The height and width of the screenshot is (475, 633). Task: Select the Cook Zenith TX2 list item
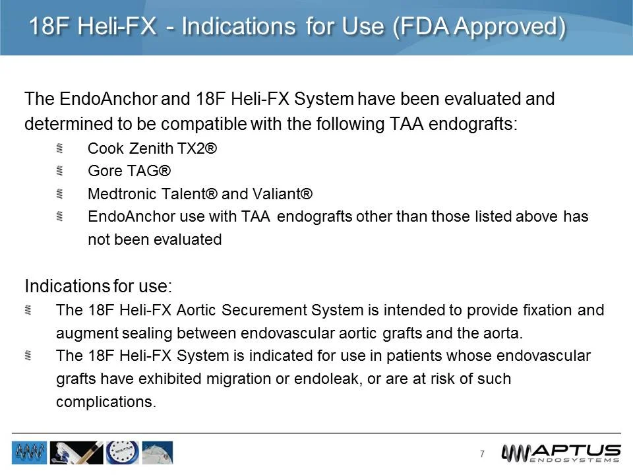coord(152,149)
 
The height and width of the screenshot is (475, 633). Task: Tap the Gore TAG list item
coord(129,172)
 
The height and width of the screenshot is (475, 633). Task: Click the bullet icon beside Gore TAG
coord(59,172)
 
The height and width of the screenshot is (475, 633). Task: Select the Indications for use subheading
coord(98,287)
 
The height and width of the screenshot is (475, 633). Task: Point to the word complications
coord(106,402)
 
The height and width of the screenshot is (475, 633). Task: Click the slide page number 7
coord(482,454)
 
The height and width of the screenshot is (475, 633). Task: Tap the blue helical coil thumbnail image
coord(29,453)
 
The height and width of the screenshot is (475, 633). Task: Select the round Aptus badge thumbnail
coord(122,453)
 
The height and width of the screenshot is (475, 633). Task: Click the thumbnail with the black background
coord(76,453)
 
